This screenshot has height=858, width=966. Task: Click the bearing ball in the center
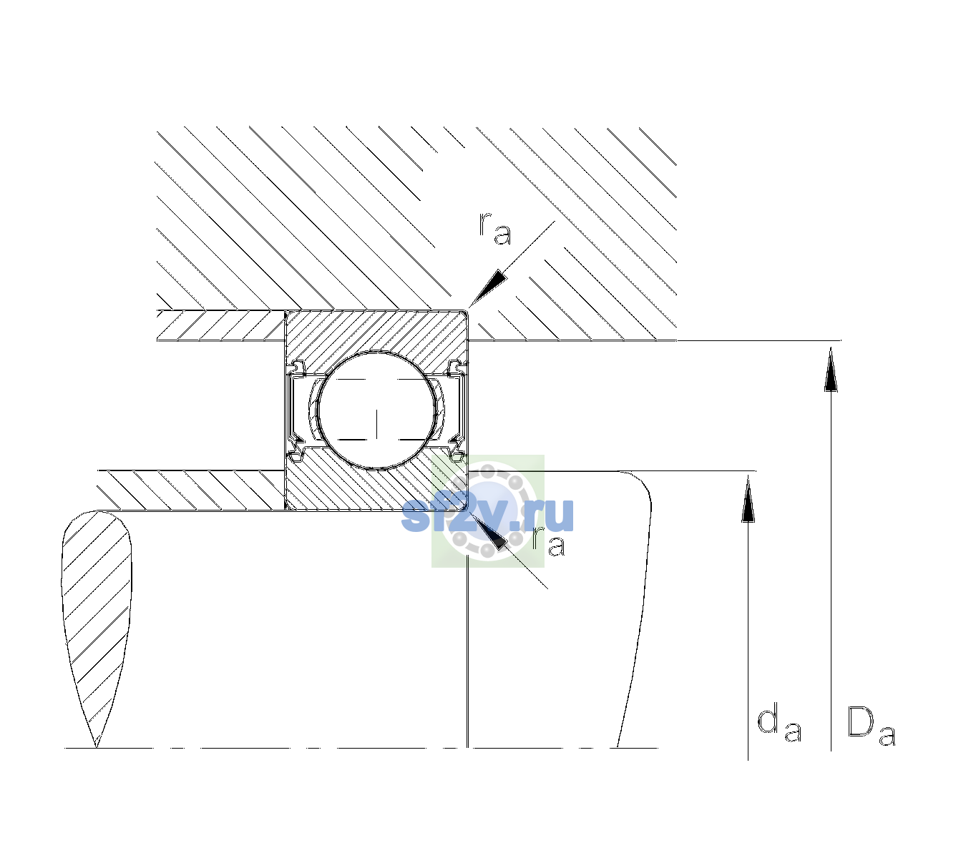pos(376,410)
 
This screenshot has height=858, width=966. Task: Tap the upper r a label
pos(495,229)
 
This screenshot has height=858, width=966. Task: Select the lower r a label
pos(548,541)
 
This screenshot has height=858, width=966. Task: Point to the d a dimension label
pos(779,721)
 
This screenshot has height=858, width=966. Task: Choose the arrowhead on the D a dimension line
pos(831,369)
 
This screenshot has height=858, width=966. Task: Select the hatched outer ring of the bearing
pos(376,333)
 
